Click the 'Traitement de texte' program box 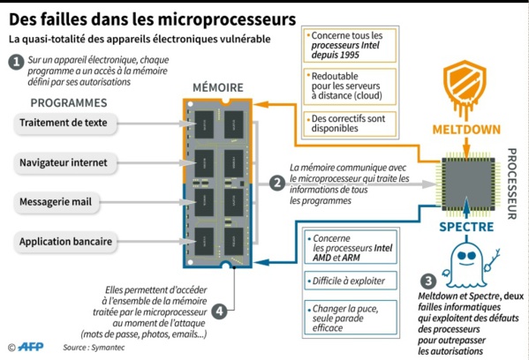tap(66, 124)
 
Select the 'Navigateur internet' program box tap(66, 162)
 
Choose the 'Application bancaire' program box tap(66, 240)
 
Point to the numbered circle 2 tap(276, 183)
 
